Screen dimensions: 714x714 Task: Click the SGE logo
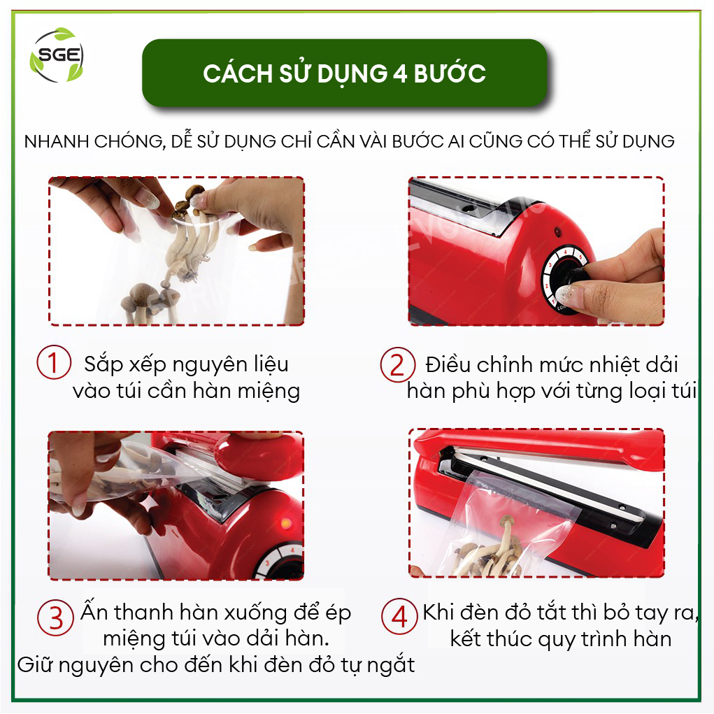(57, 55)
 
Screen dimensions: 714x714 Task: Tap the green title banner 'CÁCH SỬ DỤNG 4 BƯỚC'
(345, 73)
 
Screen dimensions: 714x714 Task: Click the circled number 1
(54, 362)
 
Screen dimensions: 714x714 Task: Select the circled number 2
(397, 365)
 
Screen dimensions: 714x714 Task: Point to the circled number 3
(55, 618)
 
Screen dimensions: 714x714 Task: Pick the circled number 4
(399, 617)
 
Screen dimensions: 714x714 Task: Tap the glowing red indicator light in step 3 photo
(287, 523)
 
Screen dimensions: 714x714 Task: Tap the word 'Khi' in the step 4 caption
(439, 613)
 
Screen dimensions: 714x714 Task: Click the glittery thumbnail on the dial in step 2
(564, 294)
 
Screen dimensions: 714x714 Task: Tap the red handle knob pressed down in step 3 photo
(259, 456)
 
